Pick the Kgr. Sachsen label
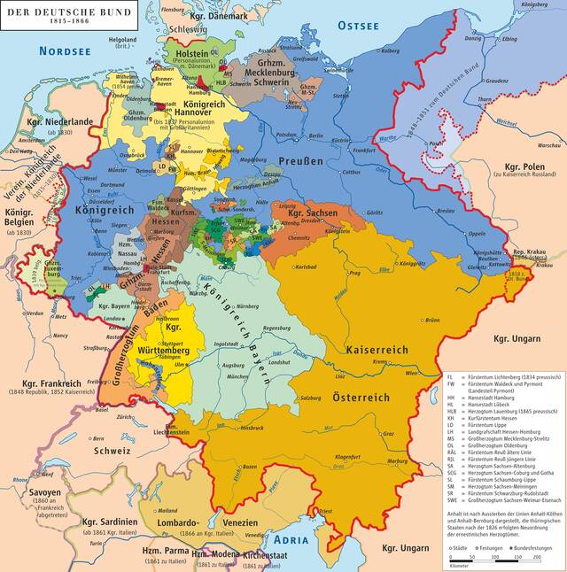315,215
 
